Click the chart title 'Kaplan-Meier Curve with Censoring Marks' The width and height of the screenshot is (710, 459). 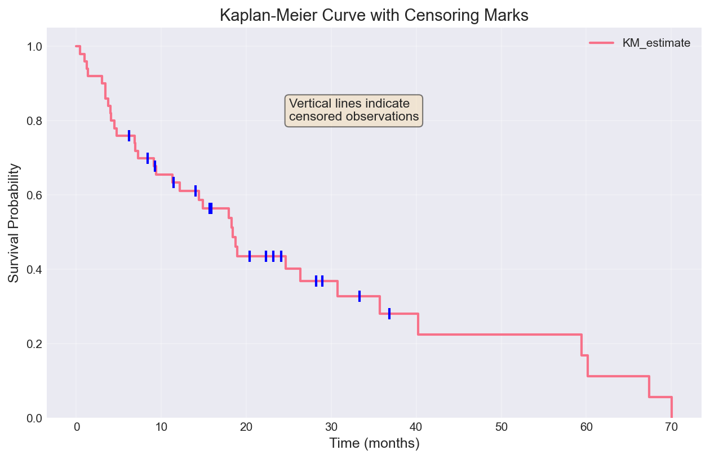coord(374,15)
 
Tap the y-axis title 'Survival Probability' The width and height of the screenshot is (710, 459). coord(15,223)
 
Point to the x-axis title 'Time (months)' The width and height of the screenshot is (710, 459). coord(374,444)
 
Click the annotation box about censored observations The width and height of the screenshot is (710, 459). coord(354,110)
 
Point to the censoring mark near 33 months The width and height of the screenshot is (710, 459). coord(359,296)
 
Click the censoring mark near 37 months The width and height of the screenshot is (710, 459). coord(389,314)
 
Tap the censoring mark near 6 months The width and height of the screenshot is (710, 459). coord(129,136)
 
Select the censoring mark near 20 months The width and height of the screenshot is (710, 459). coord(250,256)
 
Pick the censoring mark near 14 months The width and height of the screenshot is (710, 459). coord(196,191)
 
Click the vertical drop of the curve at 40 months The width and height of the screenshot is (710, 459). coord(418,324)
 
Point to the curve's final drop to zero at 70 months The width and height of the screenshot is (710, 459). coord(672,407)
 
